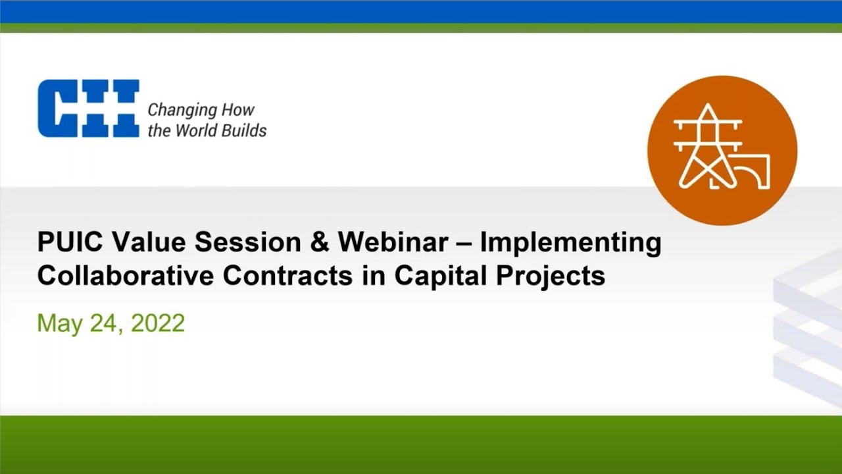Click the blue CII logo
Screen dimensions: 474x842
coord(88,109)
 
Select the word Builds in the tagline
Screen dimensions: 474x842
coord(243,130)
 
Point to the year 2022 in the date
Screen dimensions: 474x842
coord(158,323)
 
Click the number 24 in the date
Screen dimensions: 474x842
coord(107,323)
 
